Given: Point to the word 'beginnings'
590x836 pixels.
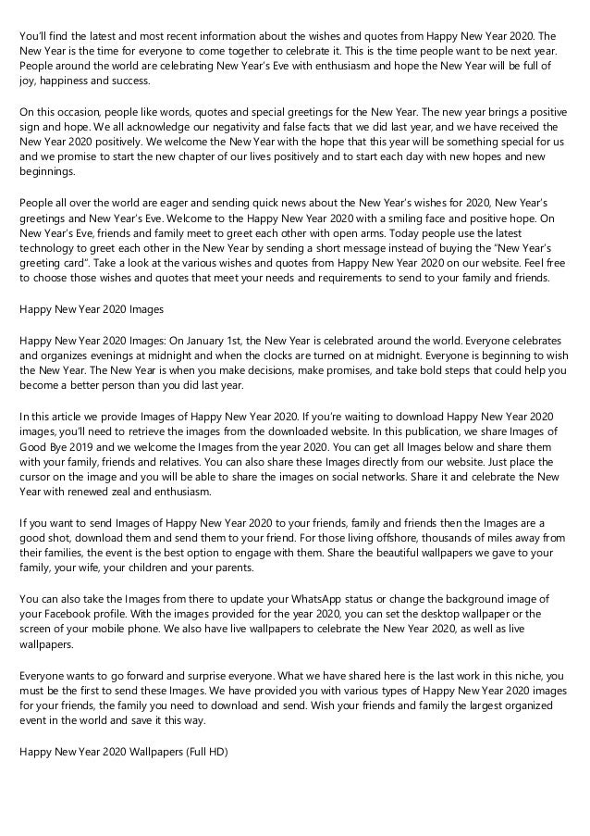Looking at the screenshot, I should (x=45, y=172).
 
